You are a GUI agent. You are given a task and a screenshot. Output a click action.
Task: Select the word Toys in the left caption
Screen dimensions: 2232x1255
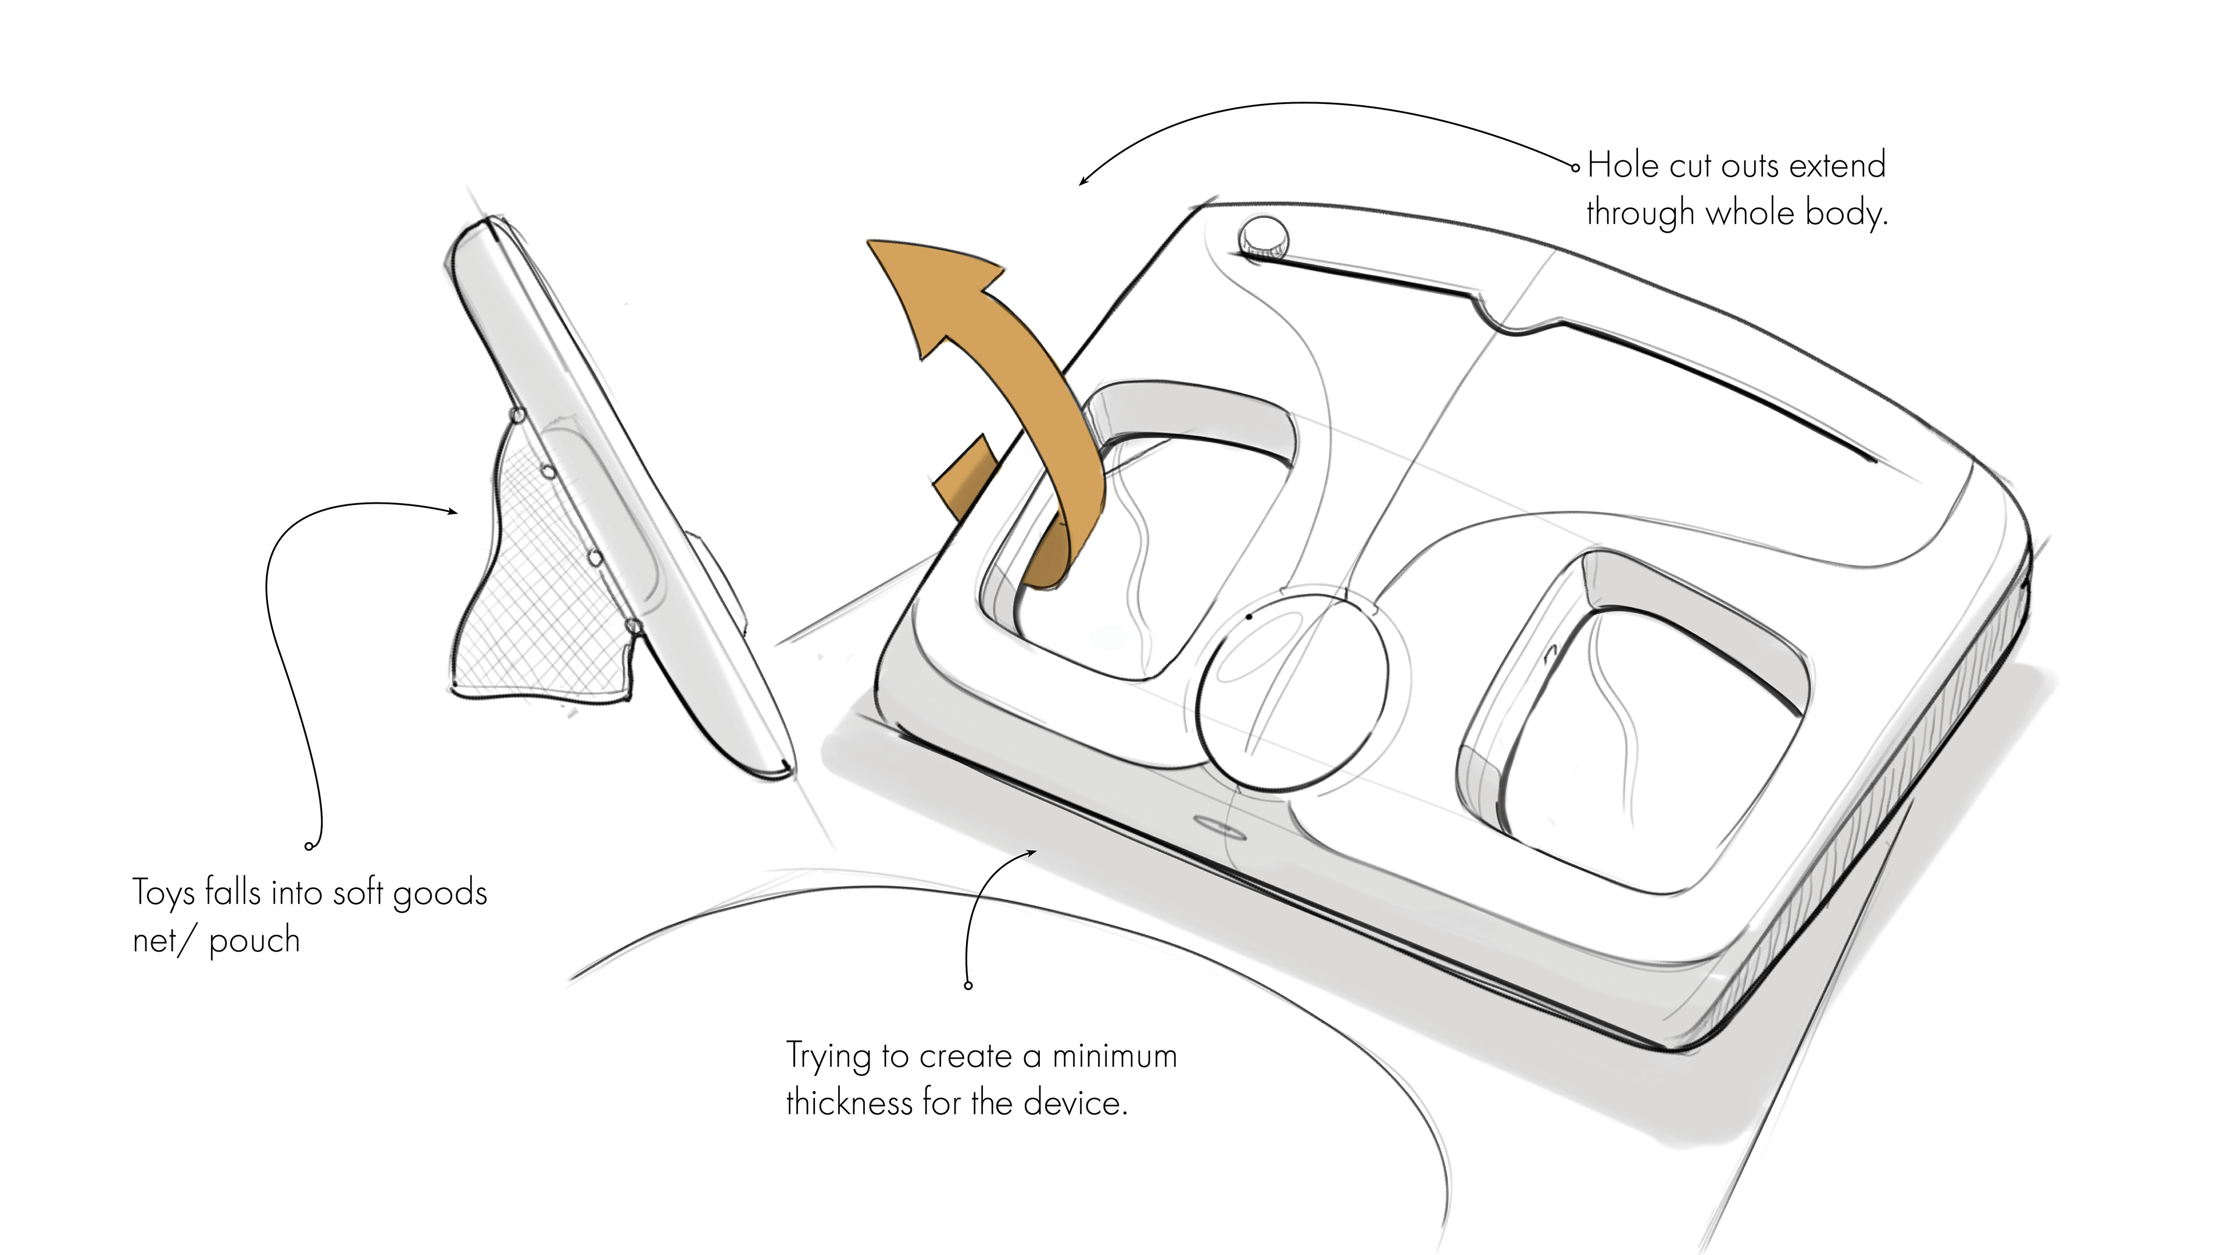pos(164,894)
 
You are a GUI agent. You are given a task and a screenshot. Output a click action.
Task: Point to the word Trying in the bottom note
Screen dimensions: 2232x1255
pos(828,1057)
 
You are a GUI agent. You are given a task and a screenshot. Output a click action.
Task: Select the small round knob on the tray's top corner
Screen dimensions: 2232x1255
pos(1263,235)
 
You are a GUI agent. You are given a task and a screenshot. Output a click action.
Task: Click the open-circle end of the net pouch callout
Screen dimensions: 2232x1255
pos(309,846)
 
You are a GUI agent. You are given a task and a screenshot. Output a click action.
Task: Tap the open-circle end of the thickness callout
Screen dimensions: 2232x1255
pos(968,985)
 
